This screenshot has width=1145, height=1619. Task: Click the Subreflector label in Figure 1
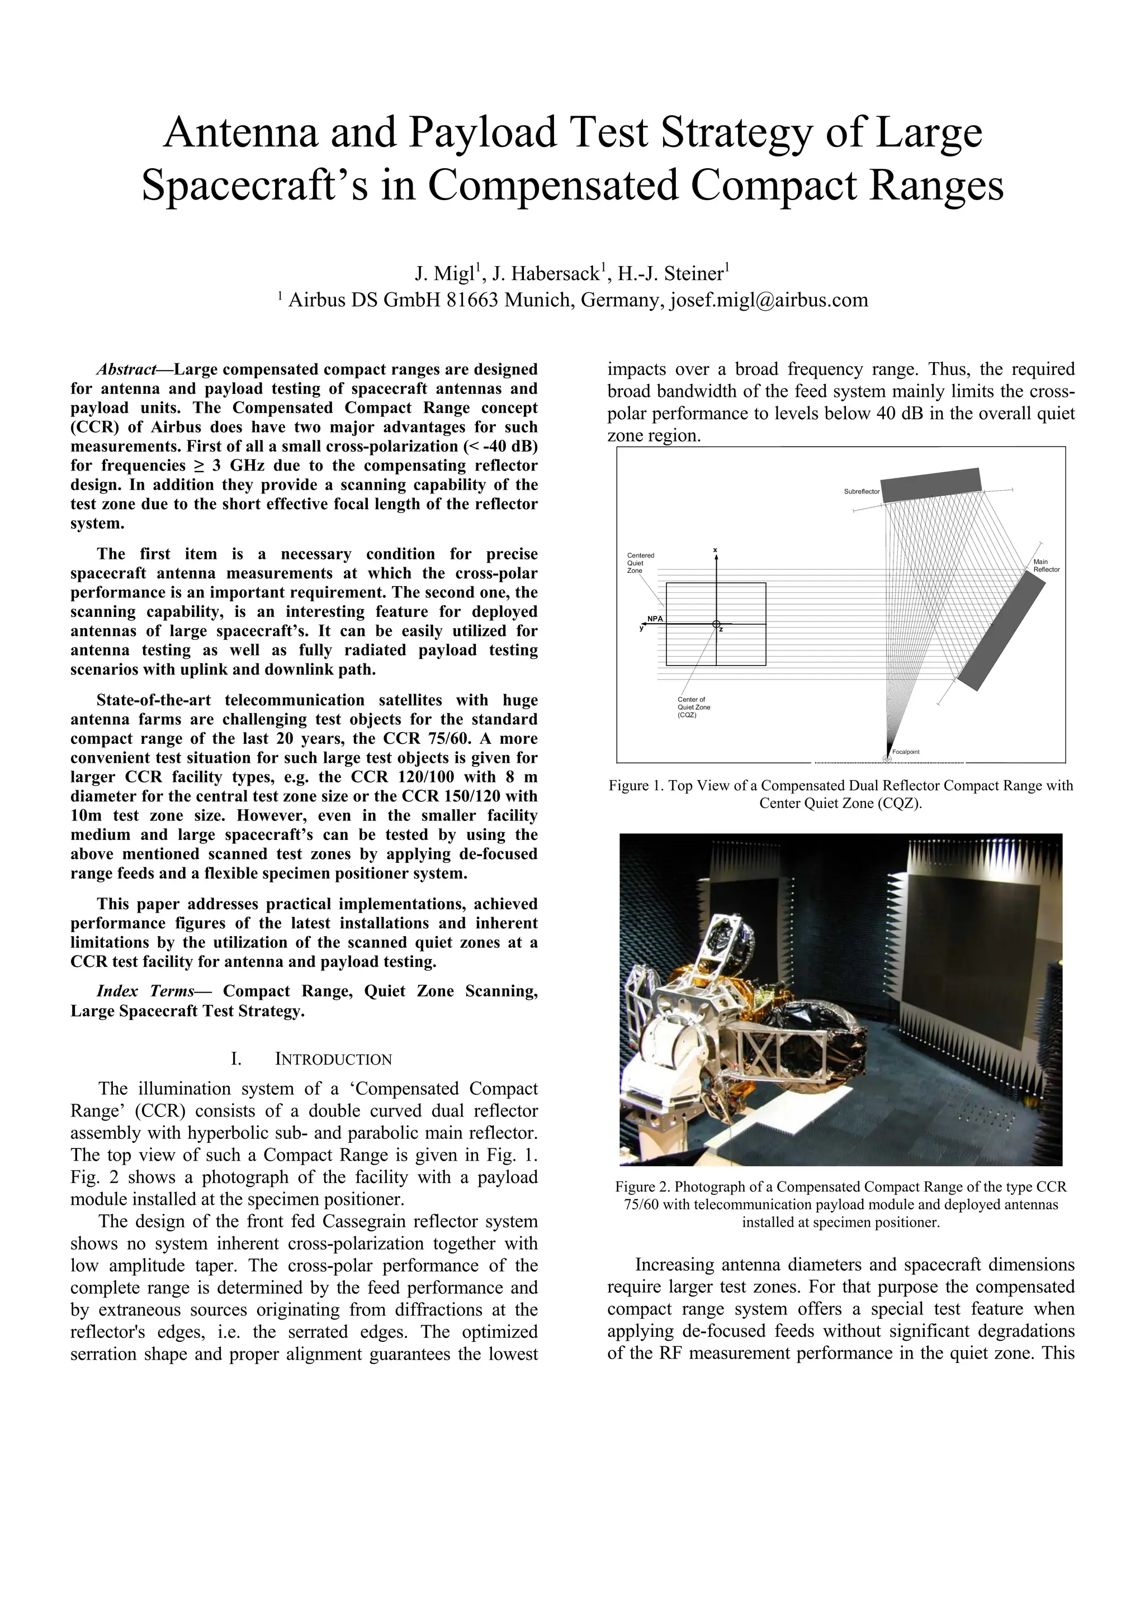coord(862,491)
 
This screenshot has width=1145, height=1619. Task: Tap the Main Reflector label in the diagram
coord(1046,566)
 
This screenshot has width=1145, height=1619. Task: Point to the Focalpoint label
coord(906,752)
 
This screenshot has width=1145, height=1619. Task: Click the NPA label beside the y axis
coord(655,619)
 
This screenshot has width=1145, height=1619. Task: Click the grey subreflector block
coord(931,485)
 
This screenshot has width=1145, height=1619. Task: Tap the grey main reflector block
coord(1000,630)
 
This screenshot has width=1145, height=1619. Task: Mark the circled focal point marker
coord(887,759)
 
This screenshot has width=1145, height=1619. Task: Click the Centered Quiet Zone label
coord(640,563)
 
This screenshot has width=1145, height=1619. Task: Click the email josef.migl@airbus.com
coord(769,301)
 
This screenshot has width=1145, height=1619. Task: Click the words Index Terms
coord(145,991)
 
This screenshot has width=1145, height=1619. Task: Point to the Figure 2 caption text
coord(840,1204)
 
